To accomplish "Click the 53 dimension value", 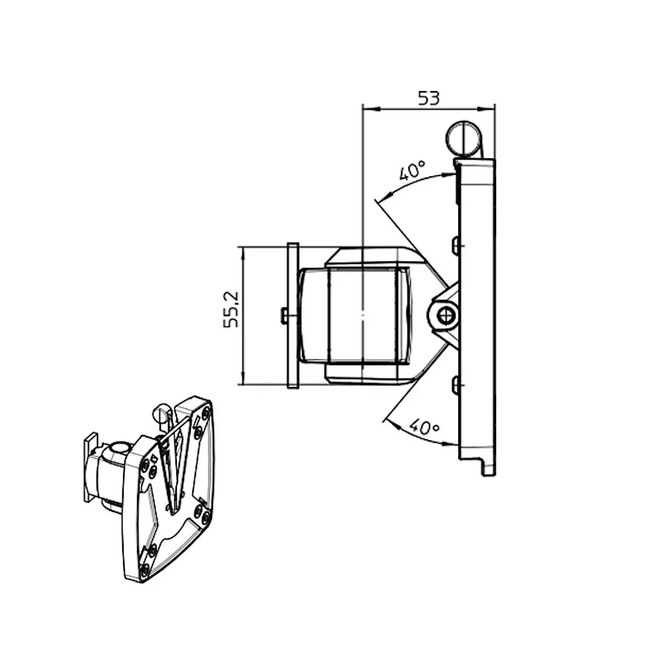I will point(429,98).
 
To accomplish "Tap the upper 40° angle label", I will point(412,171).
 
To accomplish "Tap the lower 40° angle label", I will point(424,426).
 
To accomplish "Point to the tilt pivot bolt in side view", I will point(444,314).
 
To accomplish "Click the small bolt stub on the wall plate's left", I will point(284,315).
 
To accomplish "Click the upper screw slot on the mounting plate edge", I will point(456,245).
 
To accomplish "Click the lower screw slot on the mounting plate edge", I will point(456,384).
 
